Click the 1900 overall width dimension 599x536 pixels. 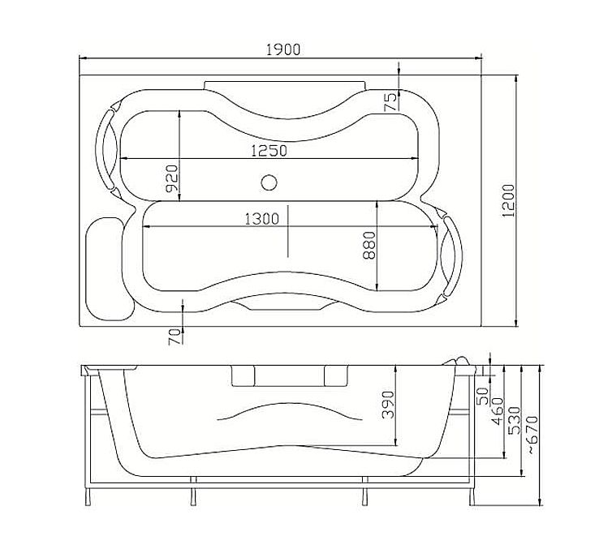pyautogui.click(x=283, y=50)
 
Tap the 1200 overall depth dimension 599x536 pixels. pyautogui.click(x=508, y=201)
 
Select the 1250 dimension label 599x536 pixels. pyautogui.click(x=269, y=151)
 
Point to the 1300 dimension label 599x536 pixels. pyautogui.click(x=261, y=219)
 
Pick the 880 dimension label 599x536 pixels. pyautogui.click(x=369, y=246)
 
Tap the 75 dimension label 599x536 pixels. pyautogui.click(x=390, y=102)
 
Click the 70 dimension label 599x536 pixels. pyautogui.click(x=175, y=337)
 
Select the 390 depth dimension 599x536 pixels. pyautogui.click(x=388, y=405)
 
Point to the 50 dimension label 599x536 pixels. pyautogui.click(x=484, y=396)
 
